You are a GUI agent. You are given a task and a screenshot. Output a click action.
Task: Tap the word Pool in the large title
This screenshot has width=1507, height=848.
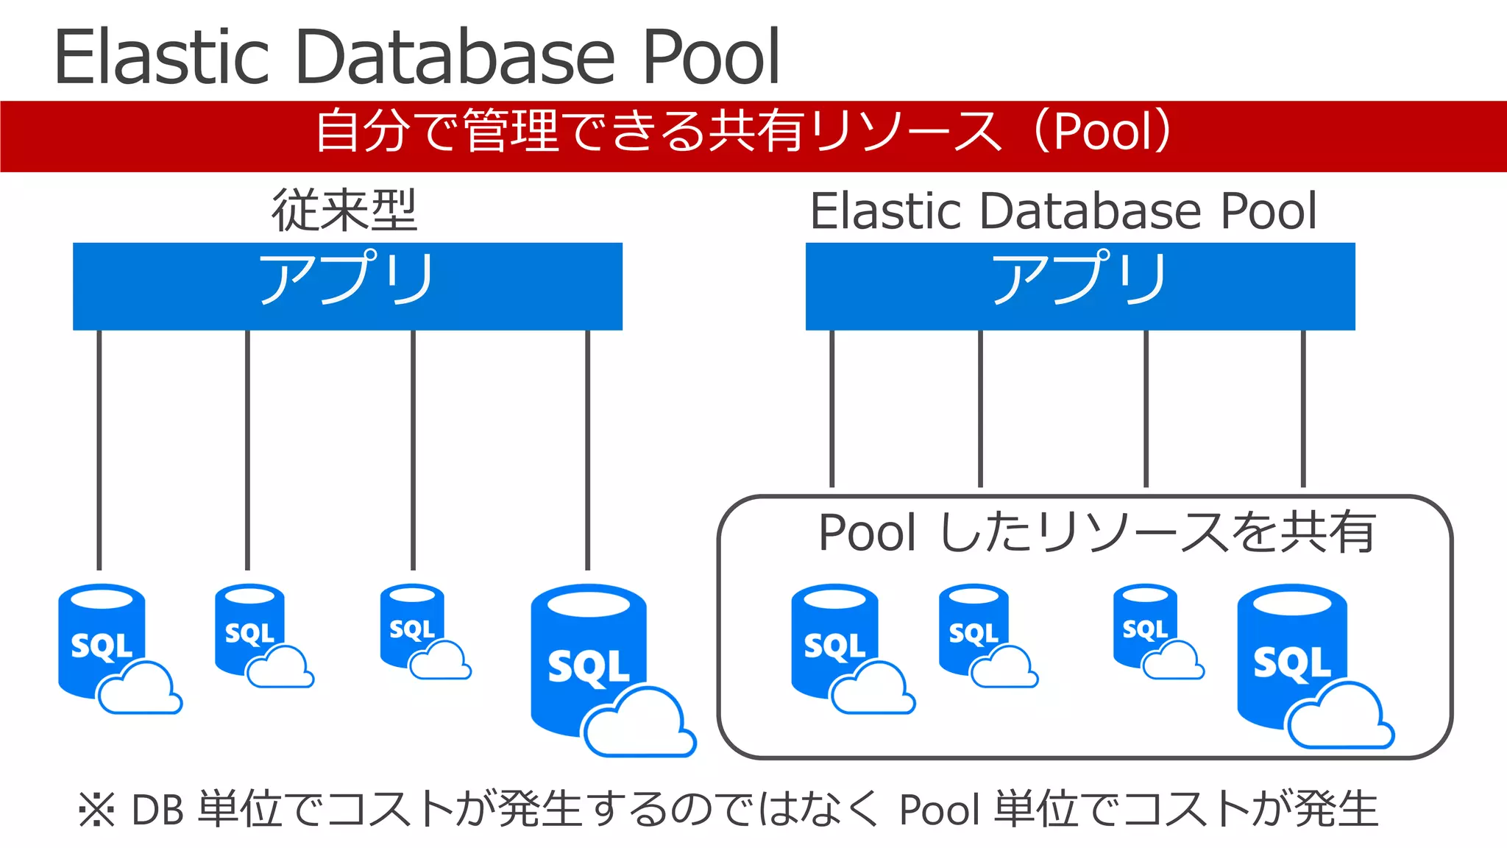(709, 57)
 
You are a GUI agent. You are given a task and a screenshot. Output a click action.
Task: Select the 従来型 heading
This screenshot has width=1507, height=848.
(344, 211)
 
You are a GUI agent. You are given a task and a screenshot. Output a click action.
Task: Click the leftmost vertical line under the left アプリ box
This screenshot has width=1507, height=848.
(99, 449)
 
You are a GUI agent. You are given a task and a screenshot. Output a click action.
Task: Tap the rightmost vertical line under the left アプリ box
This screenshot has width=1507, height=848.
(587, 449)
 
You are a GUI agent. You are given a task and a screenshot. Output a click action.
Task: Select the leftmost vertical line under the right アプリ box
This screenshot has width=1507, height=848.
(831, 409)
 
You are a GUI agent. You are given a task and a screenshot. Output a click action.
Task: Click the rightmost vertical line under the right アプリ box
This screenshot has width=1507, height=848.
(1302, 409)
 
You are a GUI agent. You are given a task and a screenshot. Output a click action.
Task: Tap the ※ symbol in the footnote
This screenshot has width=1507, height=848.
(96, 810)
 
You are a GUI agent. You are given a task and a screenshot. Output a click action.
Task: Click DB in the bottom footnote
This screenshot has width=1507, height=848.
(157, 810)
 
